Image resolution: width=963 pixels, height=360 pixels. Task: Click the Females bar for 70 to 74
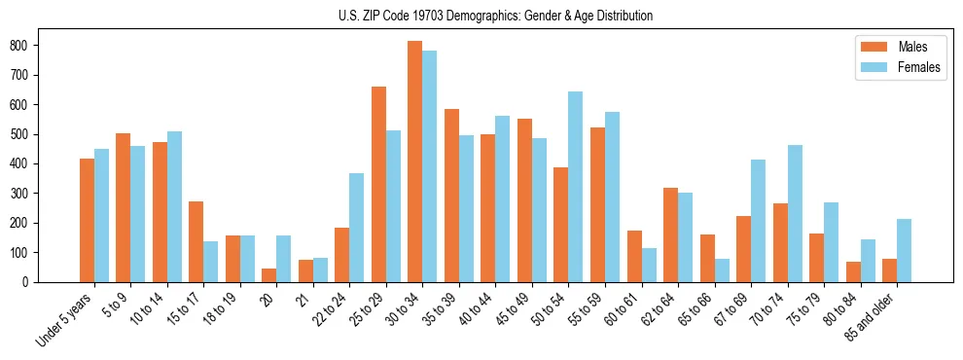[x=795, y=213]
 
